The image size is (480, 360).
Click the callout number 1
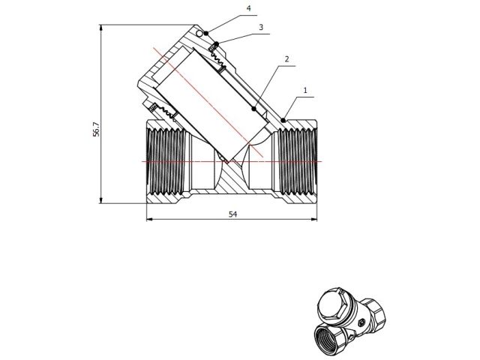tap(306, 89)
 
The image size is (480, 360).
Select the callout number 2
tap(286, 58)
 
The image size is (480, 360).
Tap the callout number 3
tap(260, 27)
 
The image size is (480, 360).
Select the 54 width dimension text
tap(232, 214)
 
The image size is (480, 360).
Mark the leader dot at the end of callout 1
tap(283, 120)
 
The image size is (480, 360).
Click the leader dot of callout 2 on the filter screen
tap(254, 109)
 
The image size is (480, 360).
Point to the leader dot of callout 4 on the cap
tap(205, 34)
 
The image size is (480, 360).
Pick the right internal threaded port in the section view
tap(298, 162)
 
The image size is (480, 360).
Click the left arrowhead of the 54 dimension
tap(148, 219)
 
